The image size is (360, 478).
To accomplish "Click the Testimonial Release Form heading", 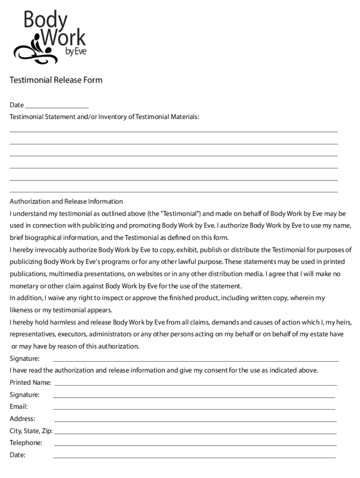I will coord(56,80).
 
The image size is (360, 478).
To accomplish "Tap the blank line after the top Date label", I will coord(57,106).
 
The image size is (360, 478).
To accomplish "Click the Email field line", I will coord(194,409).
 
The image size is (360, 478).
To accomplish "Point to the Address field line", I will coord(195,421).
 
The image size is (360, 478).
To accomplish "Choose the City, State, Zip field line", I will coord(195,433).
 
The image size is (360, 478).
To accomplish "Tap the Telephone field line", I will coord(195,445).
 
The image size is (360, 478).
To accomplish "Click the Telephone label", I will coord(26,443).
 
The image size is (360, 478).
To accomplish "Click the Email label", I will coord(19,407).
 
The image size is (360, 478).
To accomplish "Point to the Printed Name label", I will coord(30,382).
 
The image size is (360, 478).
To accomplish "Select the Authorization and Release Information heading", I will coord(66,202).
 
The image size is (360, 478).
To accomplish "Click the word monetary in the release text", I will coord(23,286).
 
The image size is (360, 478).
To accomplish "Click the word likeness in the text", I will coord(22,310).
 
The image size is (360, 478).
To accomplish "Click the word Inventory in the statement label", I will coord(111,117).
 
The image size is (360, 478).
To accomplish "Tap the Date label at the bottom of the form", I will coord(17,455).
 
